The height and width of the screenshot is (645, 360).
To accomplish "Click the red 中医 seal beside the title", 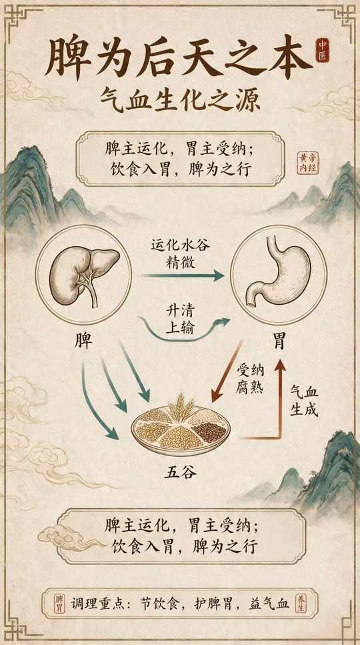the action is coord(323,51).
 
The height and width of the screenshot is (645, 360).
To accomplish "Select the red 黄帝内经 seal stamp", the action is coord(309,162).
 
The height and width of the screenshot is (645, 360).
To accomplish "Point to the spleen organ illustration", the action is coord(84,275).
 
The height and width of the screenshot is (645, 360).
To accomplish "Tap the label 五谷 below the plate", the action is coord(181,472).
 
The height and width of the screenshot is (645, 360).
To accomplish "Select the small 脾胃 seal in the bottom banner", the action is coord(60,603).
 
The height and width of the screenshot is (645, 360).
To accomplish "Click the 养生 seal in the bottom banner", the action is coord(301,603).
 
